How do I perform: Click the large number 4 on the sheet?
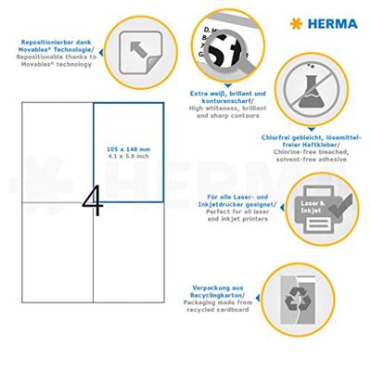[x=93, y=198]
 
